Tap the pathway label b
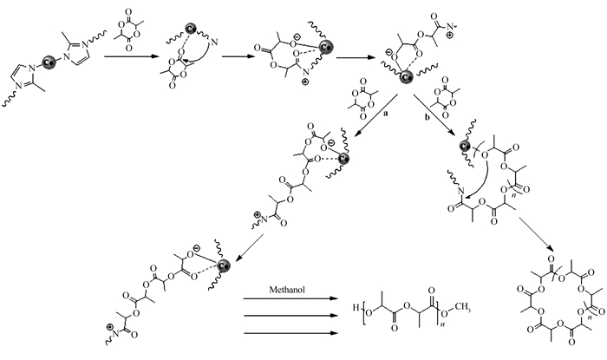tap(426, 114)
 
